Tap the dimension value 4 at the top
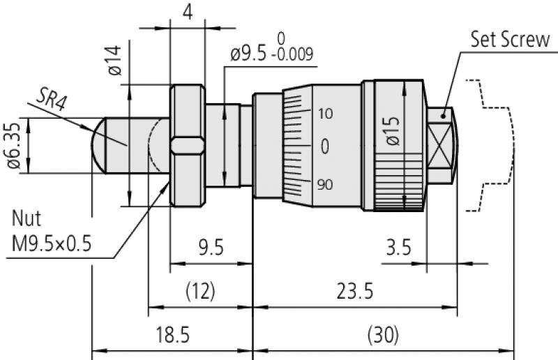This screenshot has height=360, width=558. [188, 12]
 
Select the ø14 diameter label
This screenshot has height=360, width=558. [114, 60]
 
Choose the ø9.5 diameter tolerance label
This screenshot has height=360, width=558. [249, 54]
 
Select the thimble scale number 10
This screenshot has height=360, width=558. [325, 113]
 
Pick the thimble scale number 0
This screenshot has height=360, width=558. [325, 147]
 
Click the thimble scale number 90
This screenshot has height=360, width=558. [325, 185]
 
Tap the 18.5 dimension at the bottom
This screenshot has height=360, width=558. [172, 335]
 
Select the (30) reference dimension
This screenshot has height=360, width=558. [382, 335]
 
